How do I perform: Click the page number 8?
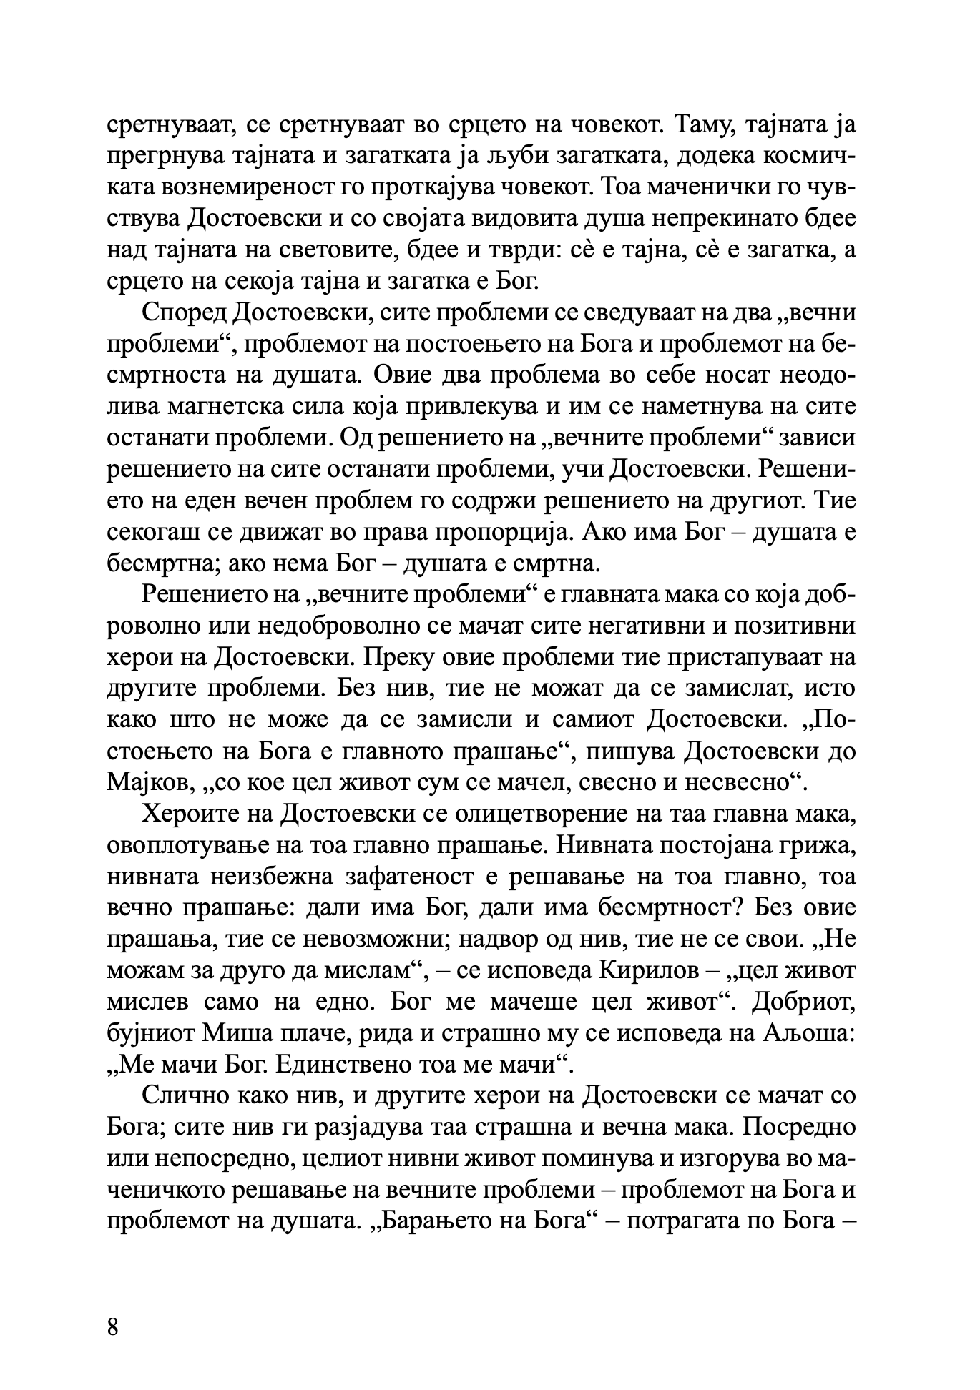click(113, 1325)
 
